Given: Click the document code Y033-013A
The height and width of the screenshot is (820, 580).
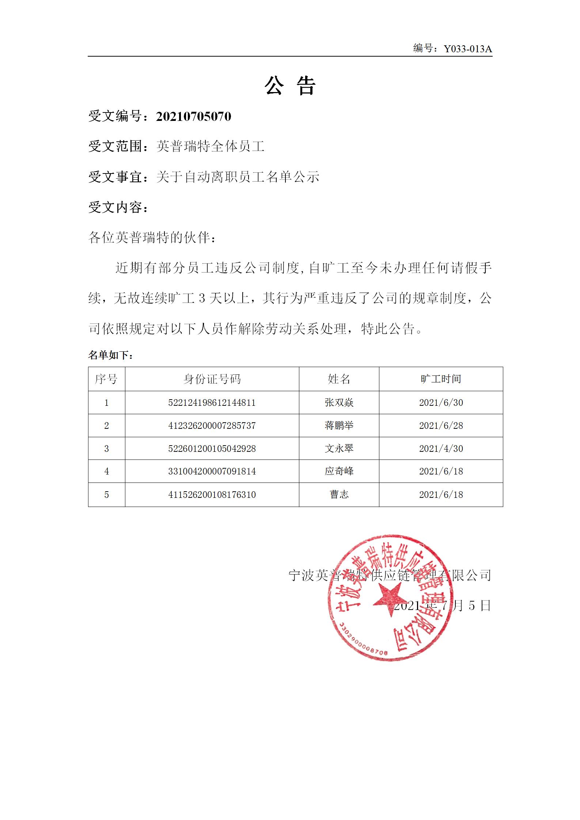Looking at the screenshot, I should (x=468, y=49).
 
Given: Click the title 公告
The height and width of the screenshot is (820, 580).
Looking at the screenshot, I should (x=290, y=86).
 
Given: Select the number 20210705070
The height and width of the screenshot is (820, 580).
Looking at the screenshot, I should (x=193, y=117).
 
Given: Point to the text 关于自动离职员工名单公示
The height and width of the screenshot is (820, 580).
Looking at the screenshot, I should (x=238, y=177).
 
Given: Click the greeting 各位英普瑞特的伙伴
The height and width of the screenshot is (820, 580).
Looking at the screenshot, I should (x=150, y=238).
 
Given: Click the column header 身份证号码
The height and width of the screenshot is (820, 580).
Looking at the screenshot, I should (x=212, y=379).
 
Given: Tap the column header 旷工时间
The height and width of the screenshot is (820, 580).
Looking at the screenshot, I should (x=441, y=379).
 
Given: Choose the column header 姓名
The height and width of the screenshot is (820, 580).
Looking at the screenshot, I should (x=339, y=379).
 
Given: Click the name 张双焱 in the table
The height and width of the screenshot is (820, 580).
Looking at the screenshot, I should (x=339, y=403).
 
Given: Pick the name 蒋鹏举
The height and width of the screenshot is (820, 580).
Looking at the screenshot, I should (x=339, y=426).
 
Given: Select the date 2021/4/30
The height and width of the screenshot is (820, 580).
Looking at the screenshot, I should (x=441, y=449).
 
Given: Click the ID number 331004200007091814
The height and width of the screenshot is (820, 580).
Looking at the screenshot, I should (x=212, y=472).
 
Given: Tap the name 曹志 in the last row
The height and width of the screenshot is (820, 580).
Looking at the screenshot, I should (x=339, y=495).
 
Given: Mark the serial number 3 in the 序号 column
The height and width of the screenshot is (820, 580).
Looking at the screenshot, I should (x=106, y=449).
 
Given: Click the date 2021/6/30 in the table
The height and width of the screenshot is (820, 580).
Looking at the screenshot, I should (x=441, y=403).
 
